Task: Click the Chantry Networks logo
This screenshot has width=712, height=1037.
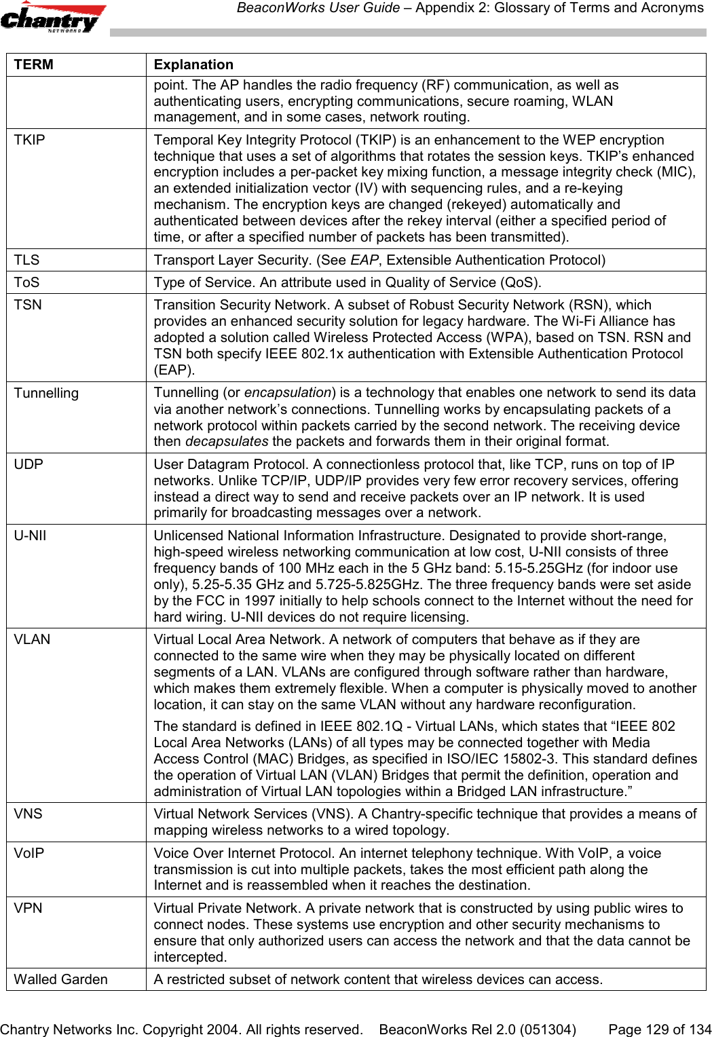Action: (53, 18)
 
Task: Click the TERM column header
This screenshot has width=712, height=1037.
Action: (34, 64)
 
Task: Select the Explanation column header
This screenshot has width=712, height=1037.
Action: (193, 64)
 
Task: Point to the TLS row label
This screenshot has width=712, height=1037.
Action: (26, 260)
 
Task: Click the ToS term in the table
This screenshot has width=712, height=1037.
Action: (26, 282)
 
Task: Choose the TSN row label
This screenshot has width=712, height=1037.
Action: (28, 305)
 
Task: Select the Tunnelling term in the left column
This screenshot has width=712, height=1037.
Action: (46, 393)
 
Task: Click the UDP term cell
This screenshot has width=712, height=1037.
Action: (29, 464)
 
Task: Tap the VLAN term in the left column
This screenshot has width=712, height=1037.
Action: (32, 639)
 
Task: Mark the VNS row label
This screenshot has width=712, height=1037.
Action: (28, 814)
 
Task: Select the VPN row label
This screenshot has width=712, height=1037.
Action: (28, 908)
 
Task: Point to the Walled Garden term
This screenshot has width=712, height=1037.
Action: (60, 979)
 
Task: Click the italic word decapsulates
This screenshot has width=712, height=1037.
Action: (226, 442)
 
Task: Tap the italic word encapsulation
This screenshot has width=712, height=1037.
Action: (286, 392)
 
